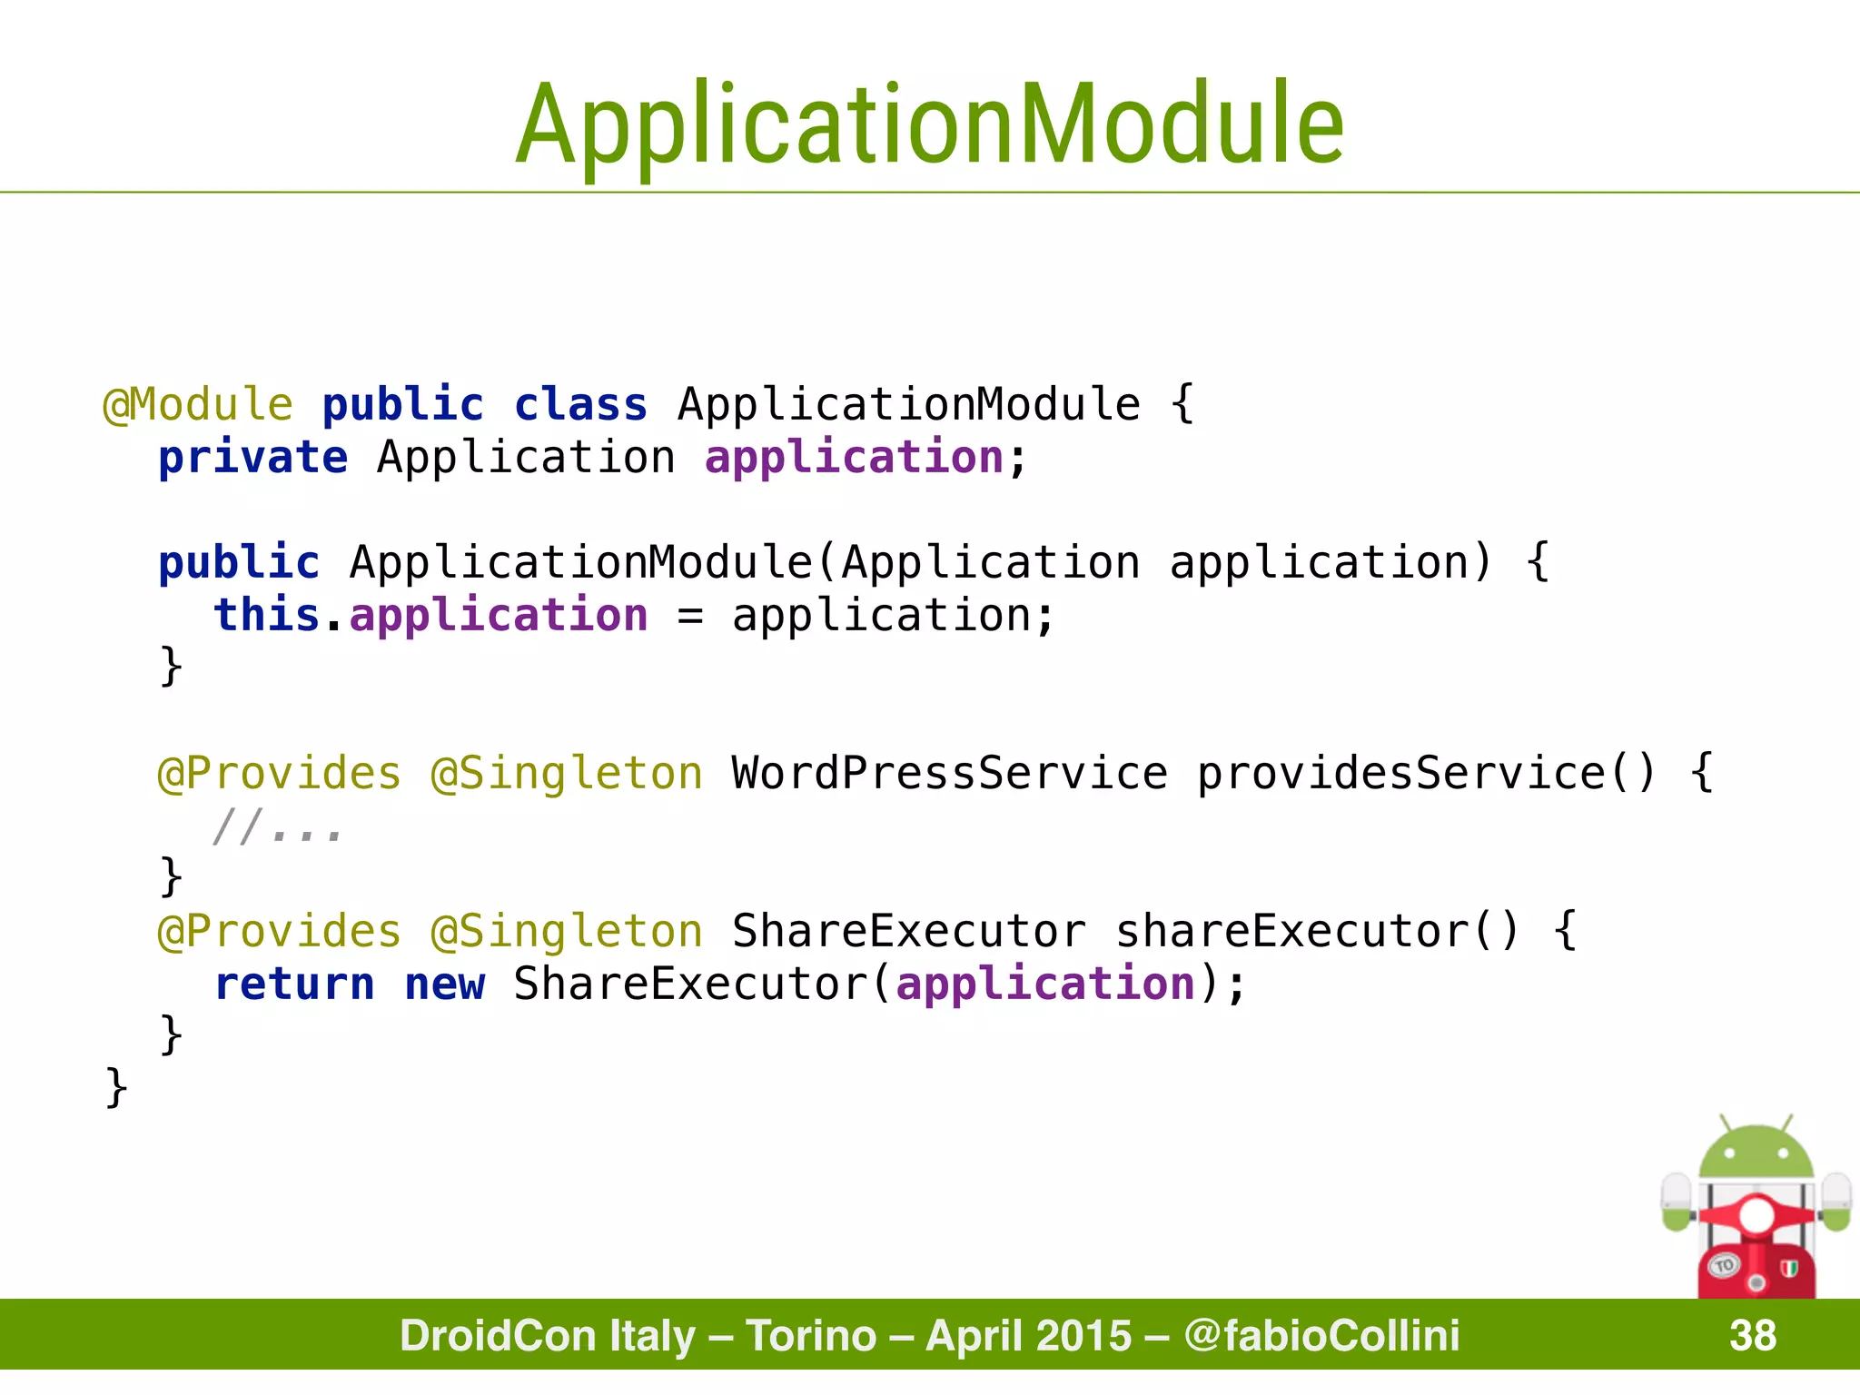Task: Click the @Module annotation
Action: (x=198, y=404)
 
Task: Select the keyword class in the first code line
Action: (x=581, y=404)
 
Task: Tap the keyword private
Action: (x=252, y=457)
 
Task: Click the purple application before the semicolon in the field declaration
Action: (x=854, y=457)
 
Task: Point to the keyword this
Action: (x=266, y=615)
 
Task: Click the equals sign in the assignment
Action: (x=690, y=617)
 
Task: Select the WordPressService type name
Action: (x=949, y=773)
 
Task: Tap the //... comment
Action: (x=277, y=827)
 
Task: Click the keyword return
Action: (x=294, y=984)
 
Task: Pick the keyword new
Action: (x=445, y=984)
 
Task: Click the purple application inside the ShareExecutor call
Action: (x=1044, y=984)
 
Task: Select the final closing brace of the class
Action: (x=116, y=1087)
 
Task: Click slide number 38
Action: (x=1752, y=1335)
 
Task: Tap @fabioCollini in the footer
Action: (x=1321, y=1335)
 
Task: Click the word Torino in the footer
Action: (x=811, y=1335)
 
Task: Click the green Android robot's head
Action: (x=1756, y=1153)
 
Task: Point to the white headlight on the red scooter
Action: (x=1756, y=1215)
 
